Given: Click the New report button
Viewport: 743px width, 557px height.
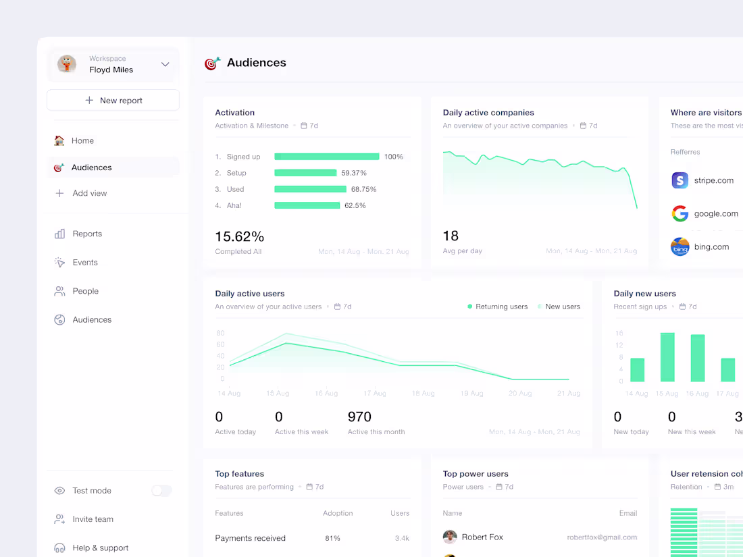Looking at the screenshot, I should click(x=113, y=100).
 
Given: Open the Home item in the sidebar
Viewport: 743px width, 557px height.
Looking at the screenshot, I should click(x=82, y=140).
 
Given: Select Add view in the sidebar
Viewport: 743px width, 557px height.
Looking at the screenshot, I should click(x=89, y=193).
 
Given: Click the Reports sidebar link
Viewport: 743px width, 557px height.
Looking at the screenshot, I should click(x=87, y=234).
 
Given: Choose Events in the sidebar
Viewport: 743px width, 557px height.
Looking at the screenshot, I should click(x=85, y=263).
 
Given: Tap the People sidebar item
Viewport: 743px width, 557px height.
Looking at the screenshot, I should click(x=85, y=291).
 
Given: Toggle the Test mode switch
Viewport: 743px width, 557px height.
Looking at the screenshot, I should click(x=161, y=491).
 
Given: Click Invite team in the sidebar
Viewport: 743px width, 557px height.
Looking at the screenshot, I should click(x=93, y=519).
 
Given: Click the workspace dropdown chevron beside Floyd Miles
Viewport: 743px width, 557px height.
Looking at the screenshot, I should click(x=165, y=65).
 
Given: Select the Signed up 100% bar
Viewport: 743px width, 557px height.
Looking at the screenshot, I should click(x=326, y=157).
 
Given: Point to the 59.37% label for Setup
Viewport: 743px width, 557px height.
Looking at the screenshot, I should click(x=354, y=173).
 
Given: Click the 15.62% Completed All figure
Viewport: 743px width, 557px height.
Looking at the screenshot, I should click(x=239, y=237).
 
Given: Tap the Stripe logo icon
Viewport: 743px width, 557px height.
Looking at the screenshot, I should click(x=680, y=180).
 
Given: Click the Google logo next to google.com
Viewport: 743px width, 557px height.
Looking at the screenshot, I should click(x=680, y=213).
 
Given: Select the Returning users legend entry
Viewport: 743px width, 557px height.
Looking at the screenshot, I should click(x=497, y=307).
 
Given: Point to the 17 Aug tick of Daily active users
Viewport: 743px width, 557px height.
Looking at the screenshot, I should click(x=375, y=393).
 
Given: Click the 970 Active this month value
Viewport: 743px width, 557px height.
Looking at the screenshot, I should click(x=359, y=417).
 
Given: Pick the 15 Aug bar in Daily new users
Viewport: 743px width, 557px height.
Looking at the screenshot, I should click(x=667, y=357).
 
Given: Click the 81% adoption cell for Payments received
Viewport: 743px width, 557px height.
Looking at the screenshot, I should click(x=332, y=538).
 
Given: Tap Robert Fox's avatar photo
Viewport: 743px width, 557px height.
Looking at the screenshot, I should click(x=450, y=537).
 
